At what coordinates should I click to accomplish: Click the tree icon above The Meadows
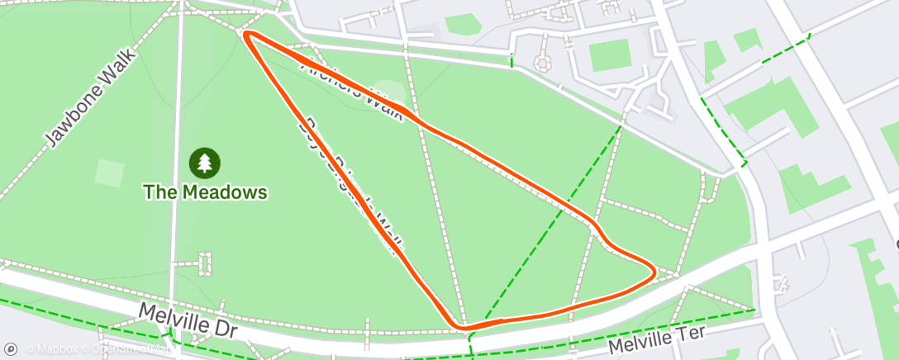(x=205, y=163)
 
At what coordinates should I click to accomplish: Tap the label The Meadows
(x=205, y=192)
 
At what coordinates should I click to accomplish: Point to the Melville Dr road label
(x=188, y=321)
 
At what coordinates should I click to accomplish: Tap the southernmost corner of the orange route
(x=465, y=328)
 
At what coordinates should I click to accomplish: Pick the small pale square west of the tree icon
(x=109, y=173)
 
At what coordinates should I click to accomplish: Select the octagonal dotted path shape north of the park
(x=543, y=63)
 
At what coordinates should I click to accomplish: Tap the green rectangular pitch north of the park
(x=611, y=55)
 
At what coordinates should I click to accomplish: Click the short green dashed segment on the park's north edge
(x=511, y=59)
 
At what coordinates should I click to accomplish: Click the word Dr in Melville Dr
(x=223, y=329)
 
